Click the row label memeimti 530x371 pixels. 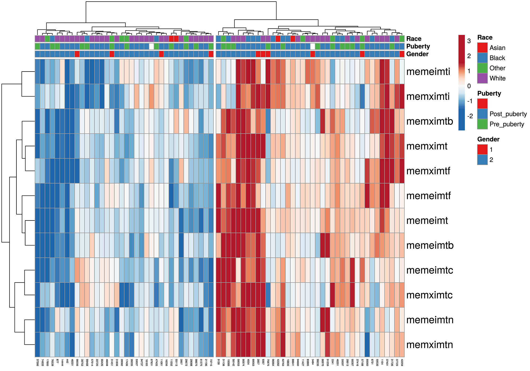pyautogui.click(x=428, y=72)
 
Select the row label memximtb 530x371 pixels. pyautogui.click(x=430, y=121)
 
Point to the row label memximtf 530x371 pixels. pyautogui.click(x=428, y=171)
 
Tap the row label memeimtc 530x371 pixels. pyautogui.click(x=430, y=270)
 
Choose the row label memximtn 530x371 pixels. pyautogui.click(x=430, y=344)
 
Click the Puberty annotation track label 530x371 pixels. pyautogui.click(x=418, y=46)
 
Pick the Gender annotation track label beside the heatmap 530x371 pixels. pyautogui.click(x=417, y=54)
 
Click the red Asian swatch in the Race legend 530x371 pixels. pyautogui.click(x=482, y=48)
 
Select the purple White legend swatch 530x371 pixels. pyautogui.click(x=482, y=78)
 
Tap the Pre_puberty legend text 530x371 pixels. pyautogui.click(x=507, y=124)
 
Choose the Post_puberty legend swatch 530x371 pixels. pyautogui.click(x=482, y=114)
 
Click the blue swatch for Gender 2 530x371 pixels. pyautogui.click(x=482, y=160)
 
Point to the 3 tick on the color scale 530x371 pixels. pyautogui.click(x=469, y=41)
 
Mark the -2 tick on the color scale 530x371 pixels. pyautogui.click(x=470, y=116)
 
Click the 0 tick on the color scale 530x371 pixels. pyautogui.click(x=469, y=86)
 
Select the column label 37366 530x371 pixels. pyautogui.click(x=37, y=362)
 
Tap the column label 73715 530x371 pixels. pyautogui.click(x=211, y=362)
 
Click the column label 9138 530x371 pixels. pyautogui.click(x=218, y=361)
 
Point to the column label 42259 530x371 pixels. pyautogui.click(x=402, y=362)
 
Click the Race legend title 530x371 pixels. pyautogui.click(x=485, y=38)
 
